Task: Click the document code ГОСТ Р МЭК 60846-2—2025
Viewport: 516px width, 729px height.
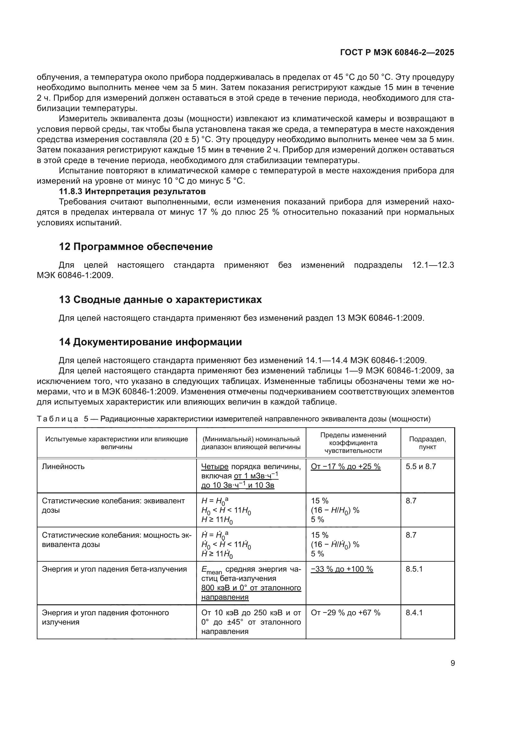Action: coord(397,52)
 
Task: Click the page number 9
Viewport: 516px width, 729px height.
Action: coord(452,663)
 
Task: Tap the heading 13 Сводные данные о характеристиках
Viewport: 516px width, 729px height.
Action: coord(160,300)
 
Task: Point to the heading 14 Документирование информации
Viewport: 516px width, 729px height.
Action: coord(150,342)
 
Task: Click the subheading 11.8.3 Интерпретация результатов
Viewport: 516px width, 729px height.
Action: coord(132,191)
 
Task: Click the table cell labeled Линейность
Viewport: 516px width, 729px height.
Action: coord(63,467)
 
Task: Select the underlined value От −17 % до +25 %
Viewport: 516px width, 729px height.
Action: coord(345,467)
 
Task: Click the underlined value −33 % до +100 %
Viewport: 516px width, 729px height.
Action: coord(342,569)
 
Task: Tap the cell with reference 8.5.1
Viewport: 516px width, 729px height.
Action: coord(414,569)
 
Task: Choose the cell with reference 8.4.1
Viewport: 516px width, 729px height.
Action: coord(414,612)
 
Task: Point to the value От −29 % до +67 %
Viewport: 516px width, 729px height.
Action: coord(345,612)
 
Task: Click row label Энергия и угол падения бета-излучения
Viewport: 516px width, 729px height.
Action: coord(114,569)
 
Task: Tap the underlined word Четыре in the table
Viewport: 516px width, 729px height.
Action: coord(215,467)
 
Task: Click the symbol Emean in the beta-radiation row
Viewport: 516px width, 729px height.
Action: coord(212,570)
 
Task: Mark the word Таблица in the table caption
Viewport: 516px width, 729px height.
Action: coord(57,419)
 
